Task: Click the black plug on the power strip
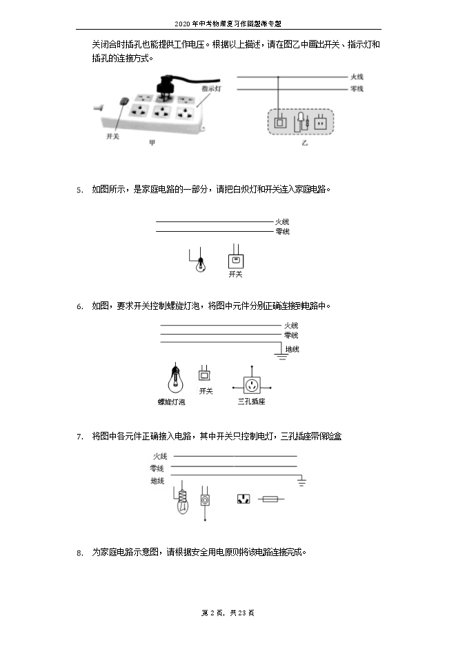coord(166,87)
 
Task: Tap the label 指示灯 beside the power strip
coord(211,89)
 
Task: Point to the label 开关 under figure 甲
coord(112,137)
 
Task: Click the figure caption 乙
coord(304,143)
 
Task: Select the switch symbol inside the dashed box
coord(279,123)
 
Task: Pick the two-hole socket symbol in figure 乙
coord(320,123)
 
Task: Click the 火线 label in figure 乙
coord(357,77)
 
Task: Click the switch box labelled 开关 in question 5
coord(236,261)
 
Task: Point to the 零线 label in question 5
coord(282,232)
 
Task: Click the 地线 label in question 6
coord(293,350)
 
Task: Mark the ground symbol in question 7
coord(301,480)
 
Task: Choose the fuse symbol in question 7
coord(268,498)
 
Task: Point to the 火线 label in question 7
coord(160,456)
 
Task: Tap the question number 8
coord(79,553)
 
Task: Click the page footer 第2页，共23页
coord(227,613)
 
